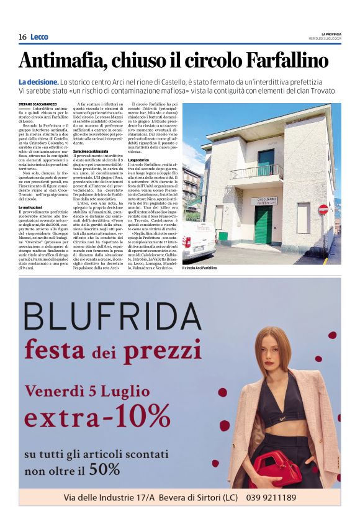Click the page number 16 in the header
click(22, 37)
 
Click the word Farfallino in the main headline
click(287, 60)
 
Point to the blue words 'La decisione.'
click(38, 82)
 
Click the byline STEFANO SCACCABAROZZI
click(38, 104)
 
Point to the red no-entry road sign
click(323, 210)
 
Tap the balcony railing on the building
click(256, 172)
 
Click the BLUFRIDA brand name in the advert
click(112, 317)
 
